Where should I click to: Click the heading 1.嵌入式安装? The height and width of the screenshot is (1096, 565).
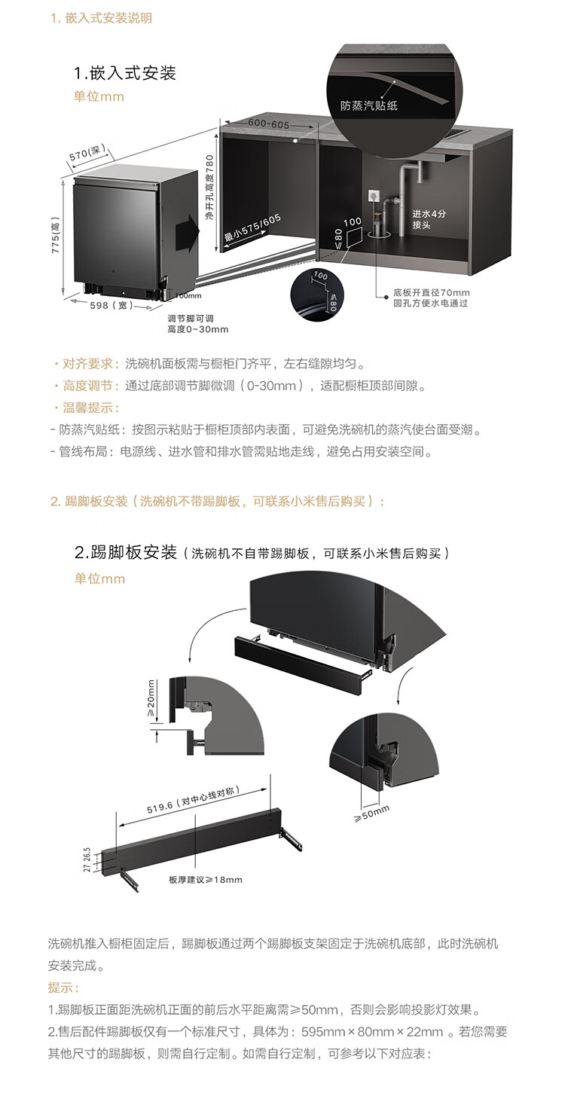[124, 73]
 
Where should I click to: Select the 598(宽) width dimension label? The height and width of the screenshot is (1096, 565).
[111, 306]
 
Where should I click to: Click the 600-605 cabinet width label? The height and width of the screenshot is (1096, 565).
[258, 124]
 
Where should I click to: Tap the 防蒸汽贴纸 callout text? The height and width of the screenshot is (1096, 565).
[369, 105]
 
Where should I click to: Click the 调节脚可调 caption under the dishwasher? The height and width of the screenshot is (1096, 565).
[192, 319]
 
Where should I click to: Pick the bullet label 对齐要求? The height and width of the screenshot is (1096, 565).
[90, 364]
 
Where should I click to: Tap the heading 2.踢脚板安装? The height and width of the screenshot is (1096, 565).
[125, 552]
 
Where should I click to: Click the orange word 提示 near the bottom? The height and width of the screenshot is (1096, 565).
[63, 988]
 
